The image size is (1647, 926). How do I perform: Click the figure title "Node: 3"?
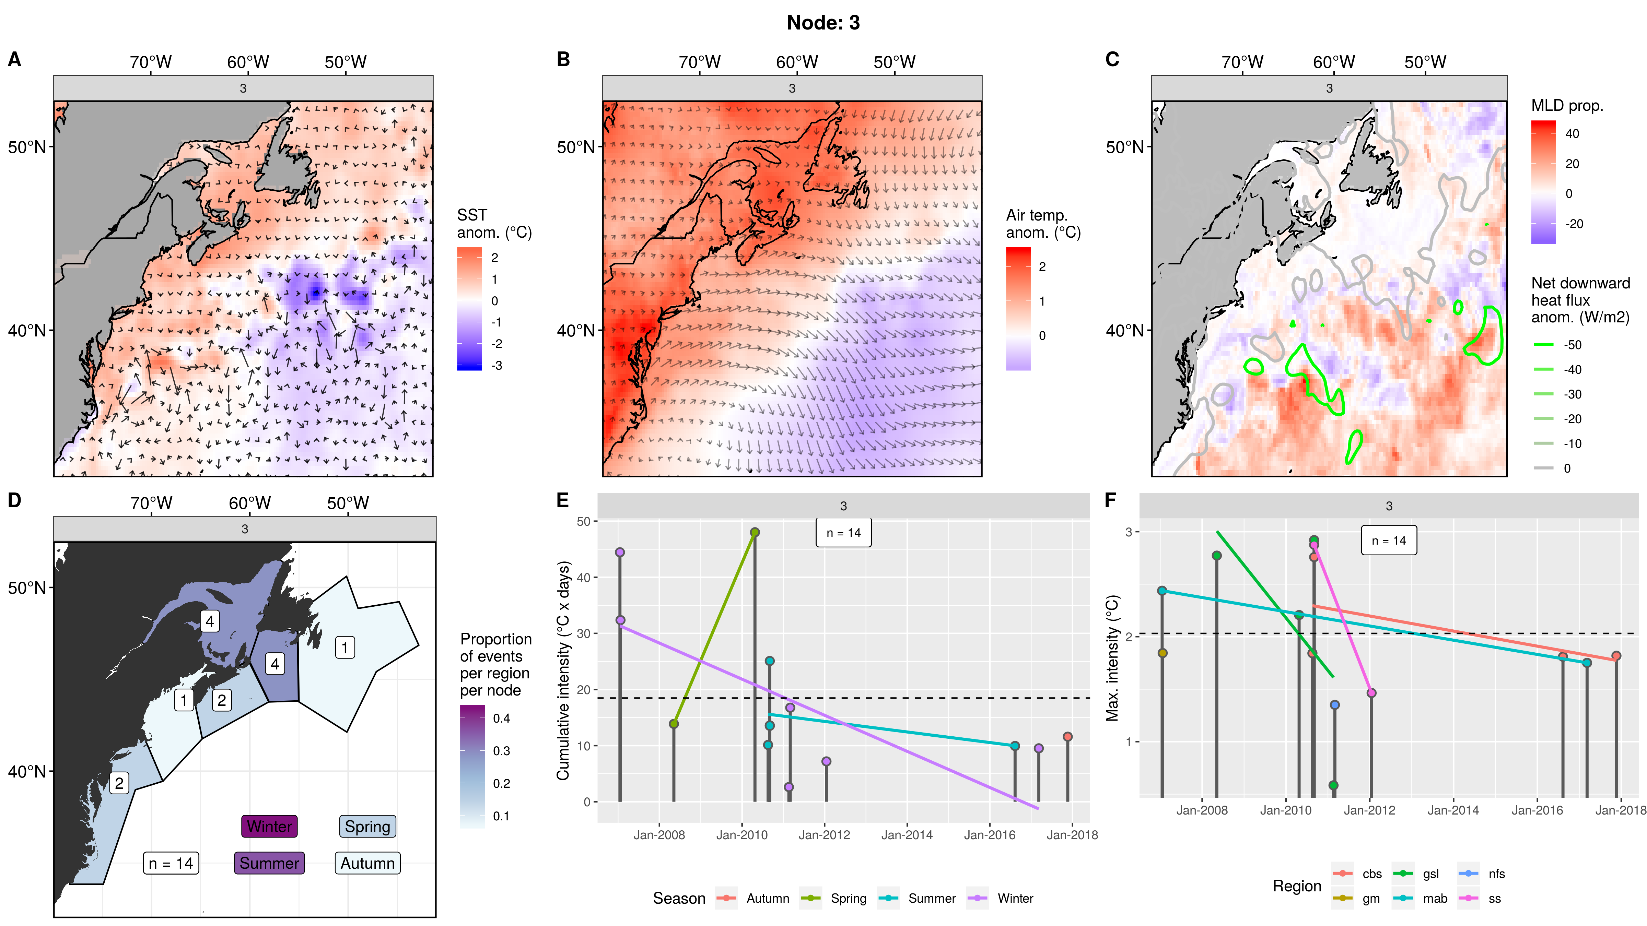coord(823,23)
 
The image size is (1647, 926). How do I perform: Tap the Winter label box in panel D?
coord(269,826)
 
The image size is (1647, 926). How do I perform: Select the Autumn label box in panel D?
coord(367,863)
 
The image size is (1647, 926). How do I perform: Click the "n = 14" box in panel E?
coord(843,533)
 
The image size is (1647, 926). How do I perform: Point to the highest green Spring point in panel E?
coord(755,532)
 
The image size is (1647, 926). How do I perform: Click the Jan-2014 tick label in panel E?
coord(907,835)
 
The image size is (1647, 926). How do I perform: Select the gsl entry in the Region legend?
coord(1430,874)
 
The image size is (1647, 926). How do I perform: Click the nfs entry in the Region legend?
coord(1496,874)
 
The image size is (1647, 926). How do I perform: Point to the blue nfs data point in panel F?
coord(1334,705)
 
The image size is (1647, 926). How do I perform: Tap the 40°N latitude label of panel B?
coord(576,330)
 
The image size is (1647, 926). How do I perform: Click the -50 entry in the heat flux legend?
coord(1572,345)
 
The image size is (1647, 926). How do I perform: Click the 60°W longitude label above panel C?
coord(1334,62)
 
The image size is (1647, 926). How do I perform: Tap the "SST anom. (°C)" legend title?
coord(494,224)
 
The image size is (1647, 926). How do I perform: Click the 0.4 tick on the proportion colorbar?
coord(501,718)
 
